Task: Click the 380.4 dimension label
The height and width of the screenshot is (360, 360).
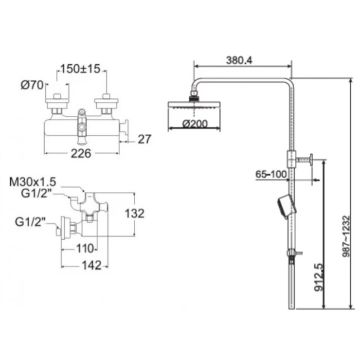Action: tap(239, 60)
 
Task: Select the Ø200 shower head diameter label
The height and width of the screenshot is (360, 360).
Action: tap(195, 124)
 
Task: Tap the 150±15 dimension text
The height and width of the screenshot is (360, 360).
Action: tap(80, 69)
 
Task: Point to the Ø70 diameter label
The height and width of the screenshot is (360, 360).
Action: tap(32, 85)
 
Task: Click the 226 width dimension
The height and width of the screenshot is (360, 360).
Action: tap(81, 153)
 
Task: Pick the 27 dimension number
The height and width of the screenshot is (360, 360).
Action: tap(144, 139)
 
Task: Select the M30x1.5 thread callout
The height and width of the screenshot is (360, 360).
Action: tap(33, 182)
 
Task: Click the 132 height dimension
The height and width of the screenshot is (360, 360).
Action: tap(135, 213)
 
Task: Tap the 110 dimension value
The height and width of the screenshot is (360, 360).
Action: tap(85, 249)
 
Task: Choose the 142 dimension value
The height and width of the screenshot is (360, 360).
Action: tap(91, 266)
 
